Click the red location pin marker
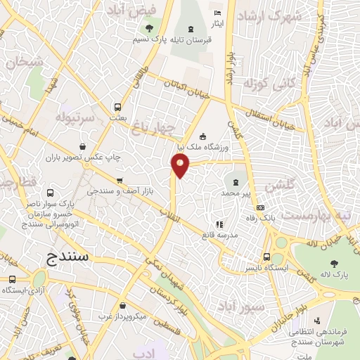point(181,166)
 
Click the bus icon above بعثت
point(117,108)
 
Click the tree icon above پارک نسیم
point(148,29)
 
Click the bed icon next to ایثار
point(217,14)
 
